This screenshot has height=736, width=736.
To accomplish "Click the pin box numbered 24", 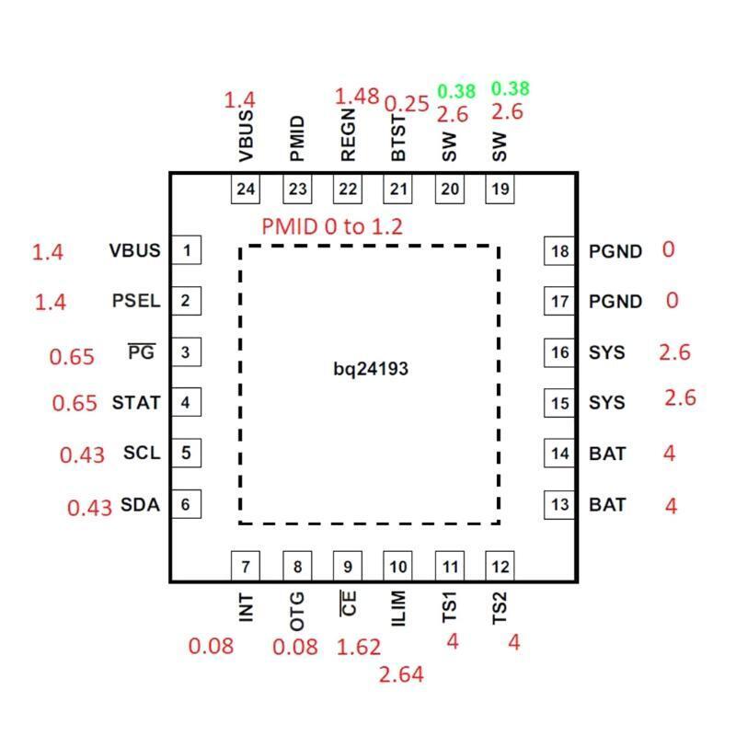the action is pyautogui.click(x=246, y=190).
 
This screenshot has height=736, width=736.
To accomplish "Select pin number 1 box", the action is pyautogui.click(x=187, y=250).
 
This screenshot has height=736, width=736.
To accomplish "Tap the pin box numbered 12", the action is pyautogui.click(x=500, y=566).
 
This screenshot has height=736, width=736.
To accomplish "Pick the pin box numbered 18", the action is pyautogui.click(x=559, y=251).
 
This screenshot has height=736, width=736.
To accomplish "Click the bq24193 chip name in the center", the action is pyautogui.click(x=371, y=369).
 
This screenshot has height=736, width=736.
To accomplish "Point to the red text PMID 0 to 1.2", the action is pyautogui.click(x=332, y=226).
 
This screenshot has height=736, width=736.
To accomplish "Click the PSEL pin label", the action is pyautogui.click(x=136, y=301).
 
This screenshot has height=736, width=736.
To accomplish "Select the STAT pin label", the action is pyautogui.click(x=136, y=403).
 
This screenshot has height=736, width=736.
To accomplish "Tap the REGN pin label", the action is pyautogui.click(x=348, y=135).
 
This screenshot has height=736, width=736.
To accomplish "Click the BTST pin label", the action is pyautogui.click(x=398, y=137).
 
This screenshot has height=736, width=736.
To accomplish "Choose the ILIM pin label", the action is pyautogui.click(x=398, y=608).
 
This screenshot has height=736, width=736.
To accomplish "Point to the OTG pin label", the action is pyautogui.click(x=297, y=611).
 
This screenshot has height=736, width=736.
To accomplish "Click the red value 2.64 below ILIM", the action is pyautogui.click(x=401, y=674).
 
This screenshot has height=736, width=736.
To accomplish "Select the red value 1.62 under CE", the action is pyautogui.click(x=359, y=648).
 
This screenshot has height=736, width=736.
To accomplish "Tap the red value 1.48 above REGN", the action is pyautogui.click(x=357, y=97).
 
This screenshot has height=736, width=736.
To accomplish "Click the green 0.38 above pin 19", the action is pyautogui.click(x=511, y=88).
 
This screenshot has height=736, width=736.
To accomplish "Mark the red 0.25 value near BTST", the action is pyautogui.click(x=407, y=104).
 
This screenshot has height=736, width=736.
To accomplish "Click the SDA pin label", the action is pyautogui.click(x=140, y=505).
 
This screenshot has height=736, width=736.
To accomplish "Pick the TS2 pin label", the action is pyautogui.click(x=500, y=608).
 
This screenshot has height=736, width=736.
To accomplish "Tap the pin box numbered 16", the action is pyautogui.click(x=559, y=352).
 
